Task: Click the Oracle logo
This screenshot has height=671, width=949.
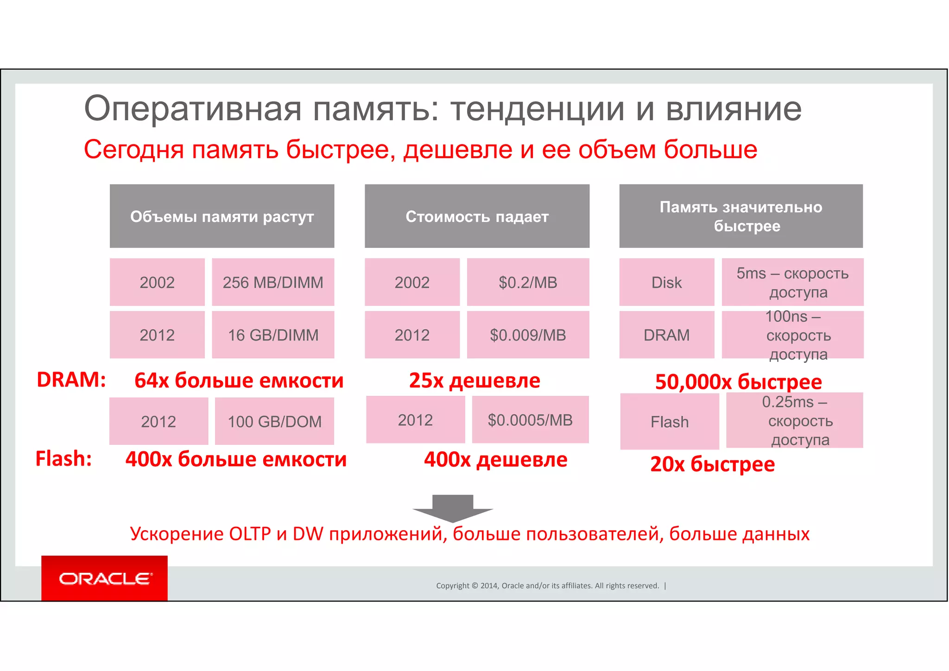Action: point(104,578)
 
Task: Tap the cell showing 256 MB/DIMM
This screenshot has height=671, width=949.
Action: point(273,282)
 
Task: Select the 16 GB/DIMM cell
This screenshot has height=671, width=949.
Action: point(273,335)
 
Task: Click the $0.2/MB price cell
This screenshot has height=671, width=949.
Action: point(528,282)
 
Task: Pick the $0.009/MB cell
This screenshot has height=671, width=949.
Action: point(528,335)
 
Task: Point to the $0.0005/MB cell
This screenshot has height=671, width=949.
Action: point(530,420)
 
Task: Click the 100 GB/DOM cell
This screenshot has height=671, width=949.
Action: point(274,421)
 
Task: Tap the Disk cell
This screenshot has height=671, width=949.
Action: point(666,282)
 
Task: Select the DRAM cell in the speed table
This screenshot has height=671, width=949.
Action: point(666,335)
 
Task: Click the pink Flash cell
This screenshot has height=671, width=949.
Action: point(670,422)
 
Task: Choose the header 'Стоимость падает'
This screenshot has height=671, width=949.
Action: point(477,216)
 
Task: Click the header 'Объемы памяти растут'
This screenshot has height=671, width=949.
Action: point(222,216)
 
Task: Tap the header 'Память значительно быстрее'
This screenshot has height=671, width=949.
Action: point(741,216)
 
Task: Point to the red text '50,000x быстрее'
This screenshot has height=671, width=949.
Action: point(738,382)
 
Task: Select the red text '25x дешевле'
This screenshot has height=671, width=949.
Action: point(474,380)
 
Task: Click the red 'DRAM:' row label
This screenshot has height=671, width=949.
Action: point(71,380)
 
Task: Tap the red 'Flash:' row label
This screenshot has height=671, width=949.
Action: point(63,459)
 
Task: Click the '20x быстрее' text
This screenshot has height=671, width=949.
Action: point(712,464)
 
